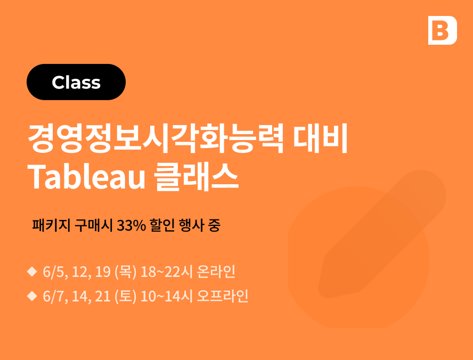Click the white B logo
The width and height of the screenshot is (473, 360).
point(442,30)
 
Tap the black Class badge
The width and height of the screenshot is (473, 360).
point(76,82)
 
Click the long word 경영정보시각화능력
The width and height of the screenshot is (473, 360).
point(156,138)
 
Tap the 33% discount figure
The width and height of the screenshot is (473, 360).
point(132,225)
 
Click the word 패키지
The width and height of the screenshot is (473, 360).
point(51,225)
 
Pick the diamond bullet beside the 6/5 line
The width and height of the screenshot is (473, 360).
point(32,272)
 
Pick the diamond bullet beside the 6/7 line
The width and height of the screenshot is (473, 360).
point(32,296)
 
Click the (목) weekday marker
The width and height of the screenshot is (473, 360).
point(126,272)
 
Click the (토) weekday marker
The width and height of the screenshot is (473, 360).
point(126,296)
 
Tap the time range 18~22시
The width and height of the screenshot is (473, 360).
point(167,272)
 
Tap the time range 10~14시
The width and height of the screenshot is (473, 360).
point(167,296)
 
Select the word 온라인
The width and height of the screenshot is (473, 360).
point(216,272)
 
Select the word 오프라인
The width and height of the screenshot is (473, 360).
point(223,296)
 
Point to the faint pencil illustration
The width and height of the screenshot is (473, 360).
point(382,234)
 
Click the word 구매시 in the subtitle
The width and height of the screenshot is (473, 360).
point(94,225)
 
